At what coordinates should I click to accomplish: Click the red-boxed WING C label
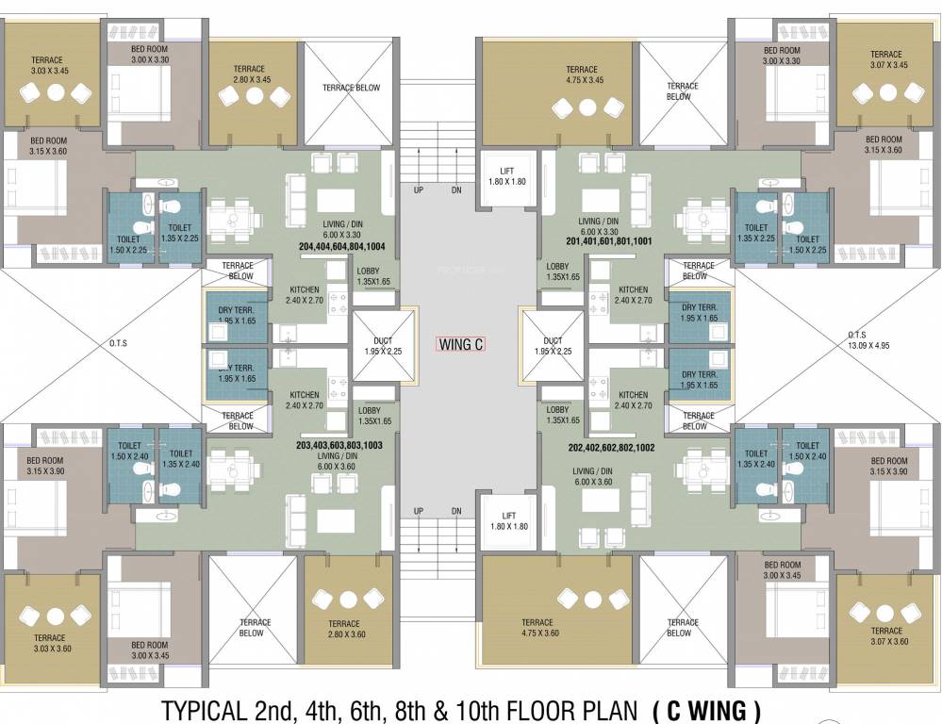point(461,345)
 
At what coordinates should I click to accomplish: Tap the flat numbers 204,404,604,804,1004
point(340,246)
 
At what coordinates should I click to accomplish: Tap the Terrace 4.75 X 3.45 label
point(582,74)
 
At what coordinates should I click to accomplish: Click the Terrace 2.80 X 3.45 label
point(251,74)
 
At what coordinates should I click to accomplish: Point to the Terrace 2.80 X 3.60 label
point(344,629)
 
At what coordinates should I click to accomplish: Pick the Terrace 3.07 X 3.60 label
point(885,636)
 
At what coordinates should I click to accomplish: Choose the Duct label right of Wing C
point(553,346)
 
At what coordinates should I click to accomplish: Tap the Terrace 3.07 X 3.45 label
point(885,59)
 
